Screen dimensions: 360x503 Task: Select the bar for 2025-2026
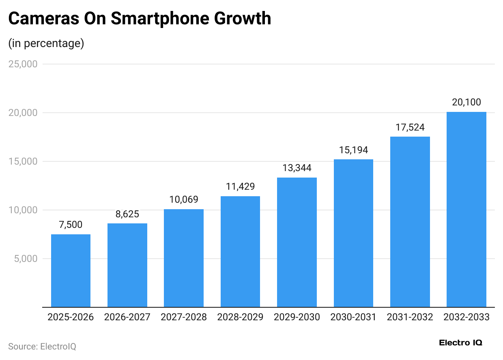point(71,270)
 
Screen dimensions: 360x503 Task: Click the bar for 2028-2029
point(240,251)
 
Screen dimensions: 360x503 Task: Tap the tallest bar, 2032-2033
point(466,209)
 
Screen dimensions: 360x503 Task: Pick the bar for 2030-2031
point(353,233)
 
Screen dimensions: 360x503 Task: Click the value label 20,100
point(466,103)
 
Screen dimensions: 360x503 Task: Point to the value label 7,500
point(71,225)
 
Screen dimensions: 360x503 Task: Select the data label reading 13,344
point(297,168)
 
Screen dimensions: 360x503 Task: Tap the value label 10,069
point(184,200)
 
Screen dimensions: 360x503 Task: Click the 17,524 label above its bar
point(410,128)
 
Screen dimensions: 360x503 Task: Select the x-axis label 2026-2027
point(127,317)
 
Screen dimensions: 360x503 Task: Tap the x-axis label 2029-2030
point(297,317)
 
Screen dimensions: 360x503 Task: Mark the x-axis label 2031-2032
point(410,317)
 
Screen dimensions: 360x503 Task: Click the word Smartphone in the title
point(159,19)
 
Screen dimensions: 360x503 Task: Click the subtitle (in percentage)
point(46,43)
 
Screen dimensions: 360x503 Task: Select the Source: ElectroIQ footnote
point(42,346)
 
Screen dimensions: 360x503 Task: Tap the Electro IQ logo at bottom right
point(460,343)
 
